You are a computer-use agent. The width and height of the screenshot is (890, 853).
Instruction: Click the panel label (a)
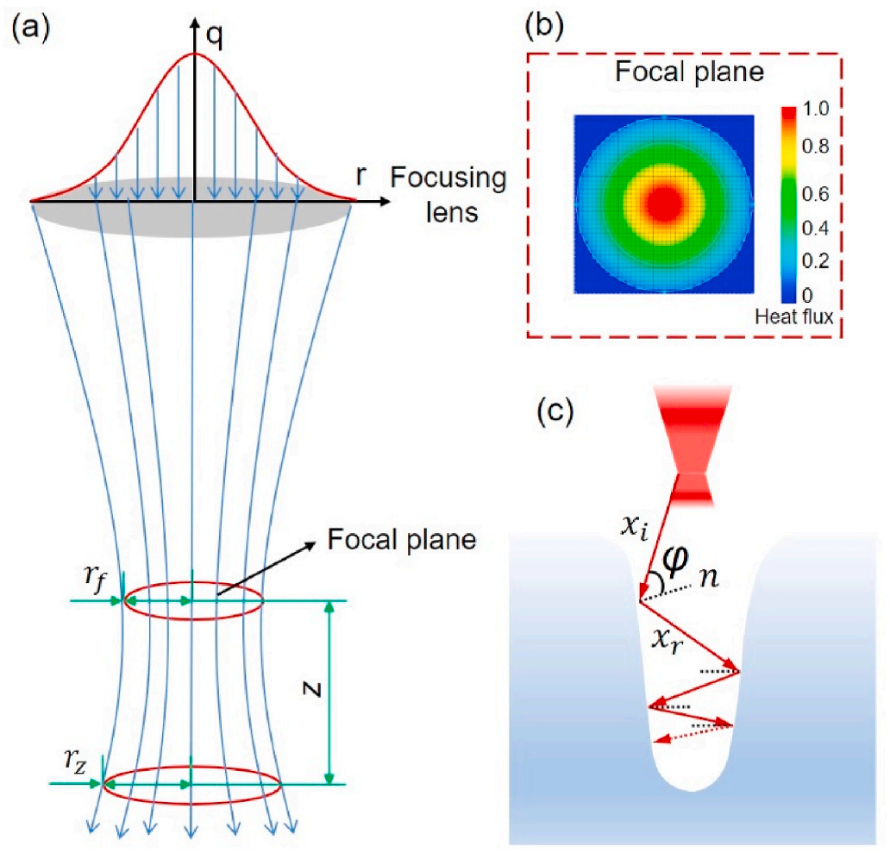click(31, 28)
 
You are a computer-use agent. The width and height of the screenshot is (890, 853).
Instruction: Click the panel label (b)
click(545, 28)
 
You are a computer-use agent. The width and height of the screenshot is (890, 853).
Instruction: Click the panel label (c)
click(555, 411)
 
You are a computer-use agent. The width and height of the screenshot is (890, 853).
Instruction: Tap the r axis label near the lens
click(361, 176)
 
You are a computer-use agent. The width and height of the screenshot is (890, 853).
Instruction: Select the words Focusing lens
click(448, 195)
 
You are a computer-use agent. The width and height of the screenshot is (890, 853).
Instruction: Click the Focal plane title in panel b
click(690, 72)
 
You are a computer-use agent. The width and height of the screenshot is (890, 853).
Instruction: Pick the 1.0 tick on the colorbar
click(816, 109)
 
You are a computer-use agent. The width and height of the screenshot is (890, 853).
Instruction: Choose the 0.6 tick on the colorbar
click(816, 194)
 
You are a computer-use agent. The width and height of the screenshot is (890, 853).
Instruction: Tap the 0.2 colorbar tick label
click(816, 260)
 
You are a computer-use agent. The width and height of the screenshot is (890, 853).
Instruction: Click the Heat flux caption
click(794, 317)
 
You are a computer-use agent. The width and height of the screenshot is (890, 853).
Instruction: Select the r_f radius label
click(94, 578)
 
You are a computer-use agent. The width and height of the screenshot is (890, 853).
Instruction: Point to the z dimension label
click(312, 689)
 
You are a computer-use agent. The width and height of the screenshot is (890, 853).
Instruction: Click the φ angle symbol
click(675, 560)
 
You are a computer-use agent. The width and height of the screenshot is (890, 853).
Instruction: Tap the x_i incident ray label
click(634, 528)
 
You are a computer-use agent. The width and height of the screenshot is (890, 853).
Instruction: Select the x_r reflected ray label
click(667, 642)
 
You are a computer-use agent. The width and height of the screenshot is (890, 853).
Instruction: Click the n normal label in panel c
click(709, 578)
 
